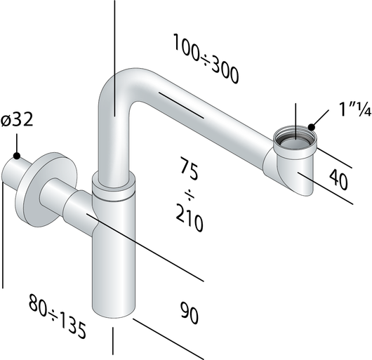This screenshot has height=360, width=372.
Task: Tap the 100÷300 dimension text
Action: (x=206, y=60)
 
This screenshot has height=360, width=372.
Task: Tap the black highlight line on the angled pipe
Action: (x=181, y=103)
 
